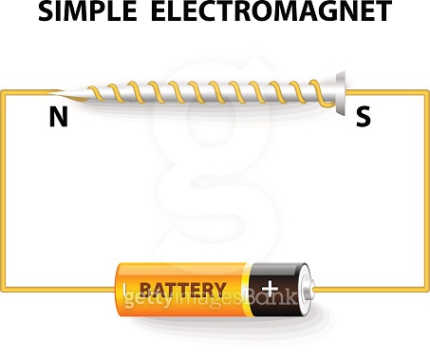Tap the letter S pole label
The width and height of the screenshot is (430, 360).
click(x=362, y=118)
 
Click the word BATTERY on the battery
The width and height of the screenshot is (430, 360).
click(x=183, y=289)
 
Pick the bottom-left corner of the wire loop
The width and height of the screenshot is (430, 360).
click(x=3, y=288)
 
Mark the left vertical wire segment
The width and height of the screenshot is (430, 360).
click(x=3, y=190)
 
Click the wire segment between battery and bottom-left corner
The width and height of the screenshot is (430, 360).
click(x=57, y=288)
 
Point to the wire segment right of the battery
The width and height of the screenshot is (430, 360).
click(x=370, y=288)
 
